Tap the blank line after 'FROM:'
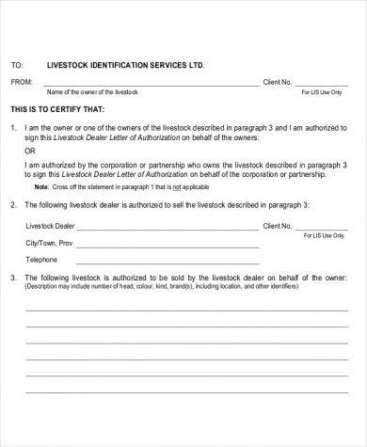pos(151,86)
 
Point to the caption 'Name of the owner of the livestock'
pos(92,93)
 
